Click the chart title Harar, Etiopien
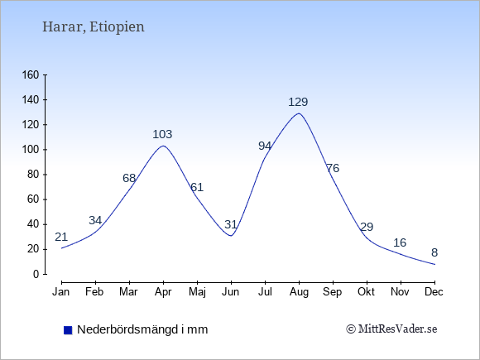coord(93,27)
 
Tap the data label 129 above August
coord(298,102)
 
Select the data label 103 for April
coord(162,134)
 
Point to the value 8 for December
coord(434,252)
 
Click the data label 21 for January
coord(61,237)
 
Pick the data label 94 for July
coord(265,146)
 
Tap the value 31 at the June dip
coord(231,225)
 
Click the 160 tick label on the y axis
coord(31,74)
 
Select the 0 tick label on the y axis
coord(36,274)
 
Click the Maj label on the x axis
coord(197,292)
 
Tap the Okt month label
coord(366,292)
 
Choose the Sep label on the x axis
coord(333,292)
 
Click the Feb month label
coord(94,292)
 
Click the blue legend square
coord(68,330)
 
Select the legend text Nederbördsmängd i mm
coord(142,329)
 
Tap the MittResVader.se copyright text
coord(391,329)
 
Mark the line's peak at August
coord(299,113)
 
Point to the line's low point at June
coord(231,236)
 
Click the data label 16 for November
coord(400,242)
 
